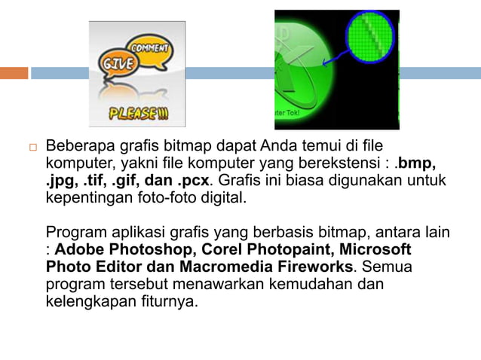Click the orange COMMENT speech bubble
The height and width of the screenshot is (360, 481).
[x=149, y=47]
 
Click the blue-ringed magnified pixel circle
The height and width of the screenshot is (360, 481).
[x=369, y=36]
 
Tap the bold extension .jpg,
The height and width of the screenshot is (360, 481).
[x=62, y=181]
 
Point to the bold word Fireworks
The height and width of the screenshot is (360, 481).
[x=317, y=267]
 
